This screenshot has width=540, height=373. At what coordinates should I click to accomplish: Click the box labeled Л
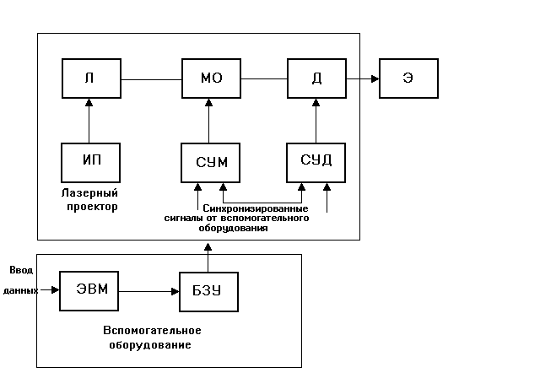coord(89,79)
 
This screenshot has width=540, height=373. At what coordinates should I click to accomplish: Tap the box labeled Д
coord(316,79)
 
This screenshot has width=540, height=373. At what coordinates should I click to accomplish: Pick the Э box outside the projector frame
coord(408,79)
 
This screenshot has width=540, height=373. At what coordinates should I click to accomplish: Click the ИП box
coord(89,161)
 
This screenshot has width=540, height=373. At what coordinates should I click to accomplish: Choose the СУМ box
coord(209,161)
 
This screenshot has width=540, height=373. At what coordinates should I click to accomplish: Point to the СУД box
coord(316,161)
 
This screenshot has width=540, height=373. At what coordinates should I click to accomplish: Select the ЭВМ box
coord(88,290)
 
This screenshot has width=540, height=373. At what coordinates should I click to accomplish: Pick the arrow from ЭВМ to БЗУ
coord(148,291)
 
